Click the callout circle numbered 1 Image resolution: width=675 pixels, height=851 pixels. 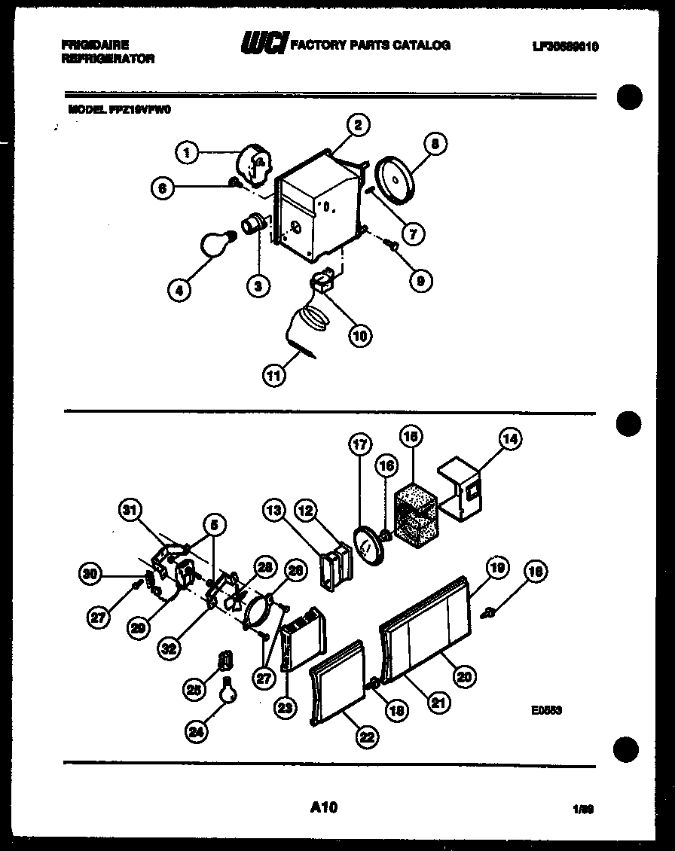[185, 154]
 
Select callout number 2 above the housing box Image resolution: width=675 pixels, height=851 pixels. [359, 125]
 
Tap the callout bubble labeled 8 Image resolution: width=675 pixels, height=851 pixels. [435, 143]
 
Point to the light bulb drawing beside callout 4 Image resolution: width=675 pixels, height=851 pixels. [216, 242]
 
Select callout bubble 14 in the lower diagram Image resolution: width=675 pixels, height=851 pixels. [511, 438]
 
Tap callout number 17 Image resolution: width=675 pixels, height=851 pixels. [360, 445]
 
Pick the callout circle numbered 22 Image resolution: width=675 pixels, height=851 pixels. [367, 737]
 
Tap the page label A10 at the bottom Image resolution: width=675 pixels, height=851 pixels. [323, 808]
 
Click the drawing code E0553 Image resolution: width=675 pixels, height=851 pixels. [546, 709]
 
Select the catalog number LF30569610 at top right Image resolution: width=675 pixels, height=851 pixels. [564, 46]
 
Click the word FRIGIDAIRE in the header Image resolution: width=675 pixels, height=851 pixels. [95, 45]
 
